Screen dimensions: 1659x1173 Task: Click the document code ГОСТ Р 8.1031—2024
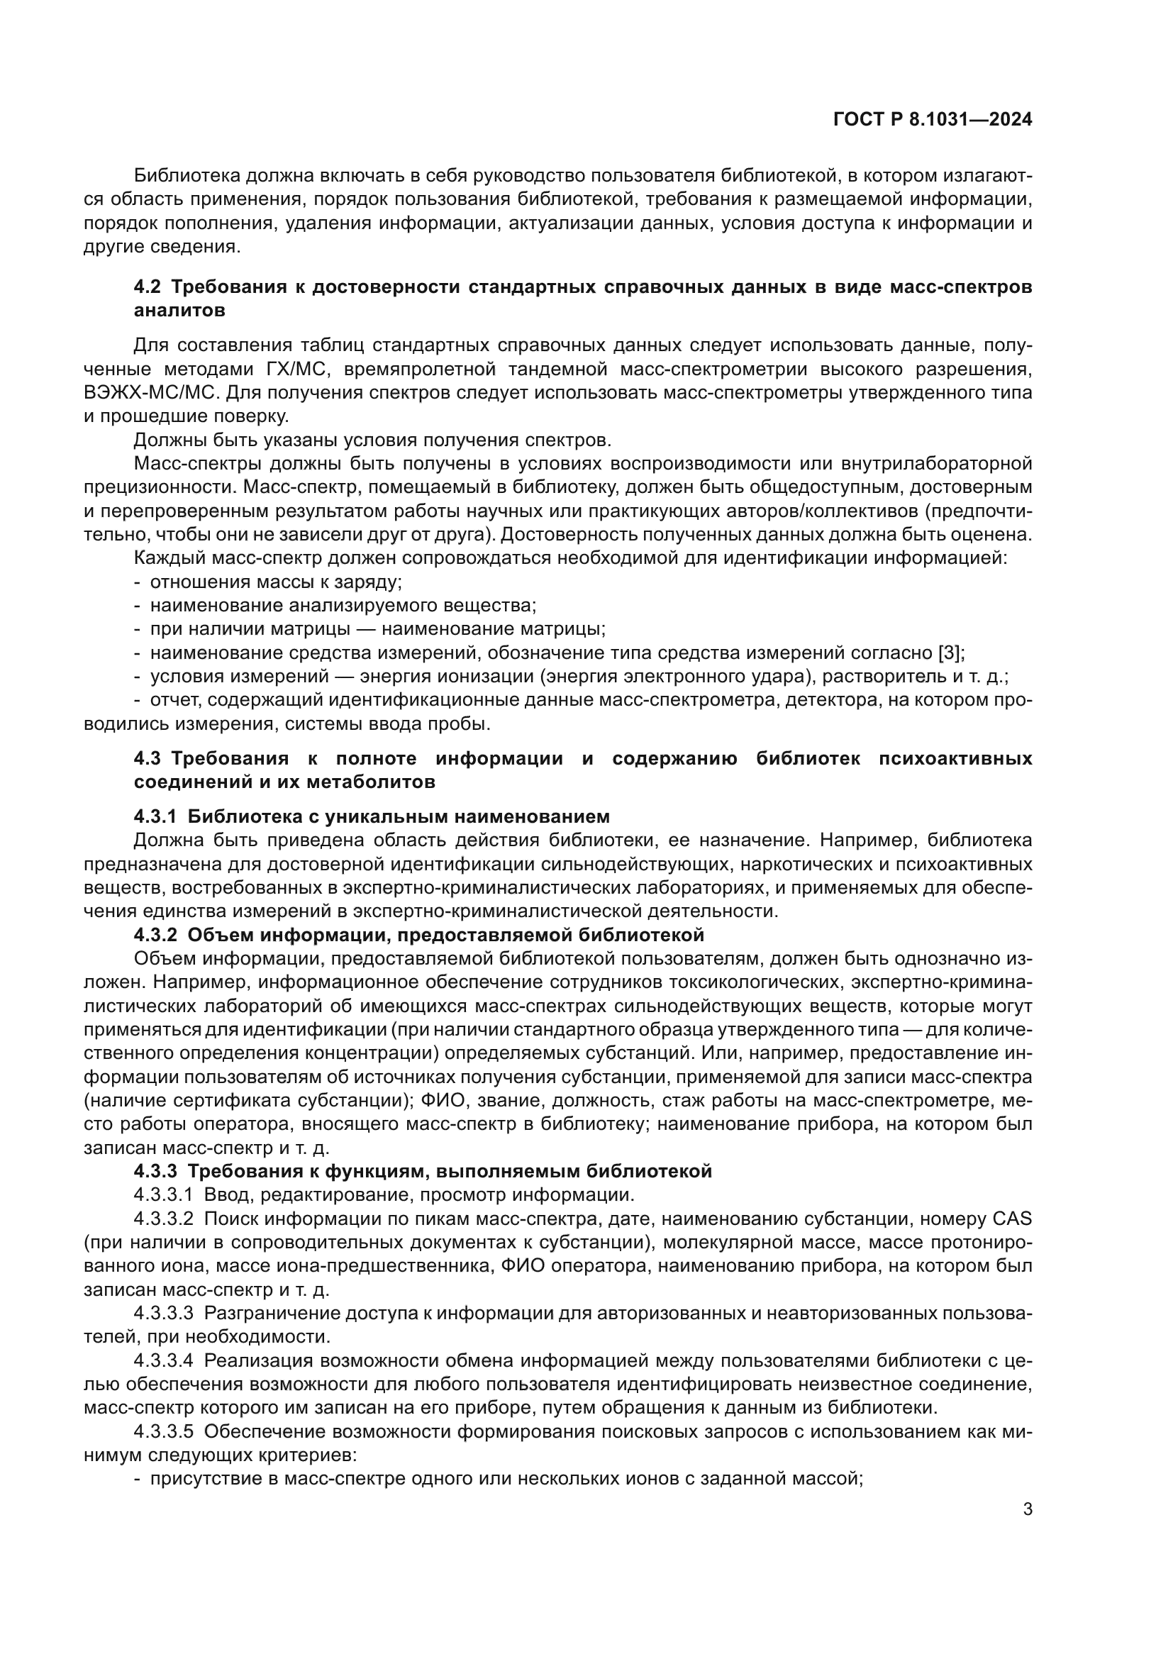pos(933,120)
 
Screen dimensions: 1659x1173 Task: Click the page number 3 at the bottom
pos(1027,1509)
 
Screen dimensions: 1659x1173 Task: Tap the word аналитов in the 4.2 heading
pos(179,311)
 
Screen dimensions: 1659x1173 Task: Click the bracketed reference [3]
pos(949,653)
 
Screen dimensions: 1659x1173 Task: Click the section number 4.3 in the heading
pos(149,758)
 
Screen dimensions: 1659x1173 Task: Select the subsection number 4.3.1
pos(155,816)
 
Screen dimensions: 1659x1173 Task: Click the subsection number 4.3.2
pos(155,935)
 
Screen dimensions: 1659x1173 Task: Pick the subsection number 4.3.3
pos(155,1170)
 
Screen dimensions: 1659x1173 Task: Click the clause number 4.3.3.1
pos(163,1194)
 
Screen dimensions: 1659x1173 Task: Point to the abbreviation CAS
pos(1012,1219)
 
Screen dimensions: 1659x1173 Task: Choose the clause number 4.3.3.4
pos(163,1360)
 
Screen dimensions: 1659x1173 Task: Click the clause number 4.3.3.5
pos(163,1431)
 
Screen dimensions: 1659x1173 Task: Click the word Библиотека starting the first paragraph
pos(187,176)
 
